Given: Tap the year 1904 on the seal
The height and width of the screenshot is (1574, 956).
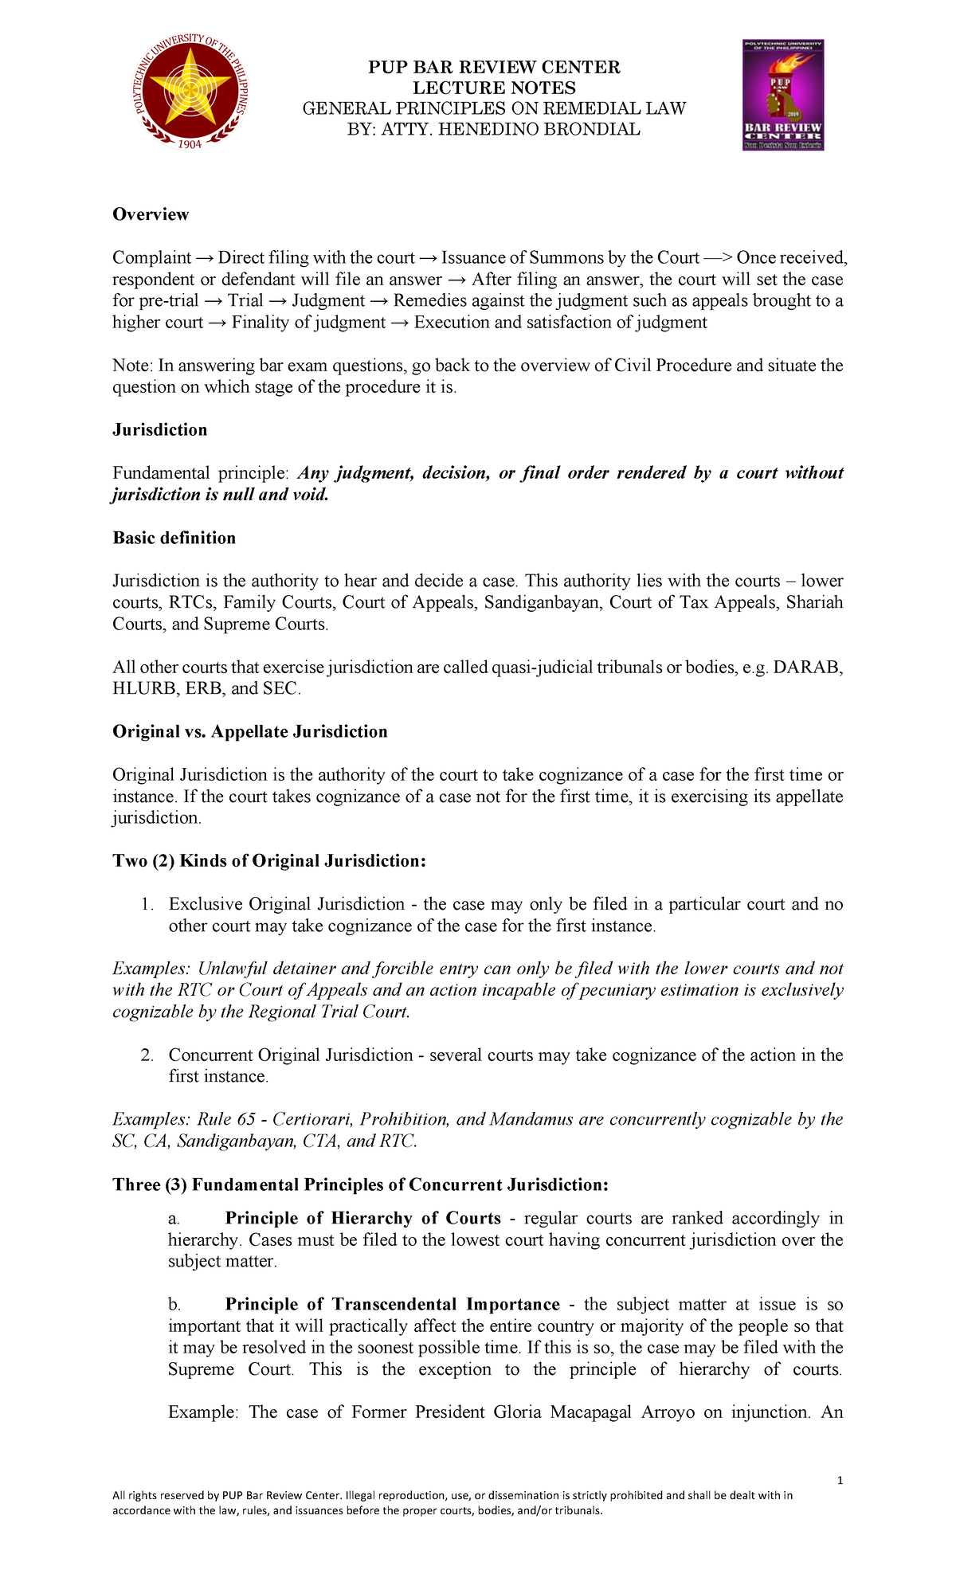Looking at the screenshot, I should click(x=189, y=144).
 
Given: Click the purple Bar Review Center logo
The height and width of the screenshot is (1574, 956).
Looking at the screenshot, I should click(x=783, y=95).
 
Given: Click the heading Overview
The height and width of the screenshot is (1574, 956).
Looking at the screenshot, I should click(x=151, y=214).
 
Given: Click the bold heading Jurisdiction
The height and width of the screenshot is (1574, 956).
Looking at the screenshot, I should click(x=159, y=430).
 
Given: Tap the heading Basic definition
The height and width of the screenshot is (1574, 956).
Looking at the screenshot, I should click(x=174, y=538).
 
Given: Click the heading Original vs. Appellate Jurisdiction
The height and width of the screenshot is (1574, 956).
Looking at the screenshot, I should click(x=249, y=732).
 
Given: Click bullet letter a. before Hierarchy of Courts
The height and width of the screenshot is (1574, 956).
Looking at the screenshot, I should click(x=174, y=1219).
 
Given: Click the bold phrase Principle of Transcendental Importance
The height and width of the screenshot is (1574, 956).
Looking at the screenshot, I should click(x=392, y=1305).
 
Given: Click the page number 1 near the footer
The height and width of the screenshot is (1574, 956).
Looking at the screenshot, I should click(x=840, y=1481).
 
